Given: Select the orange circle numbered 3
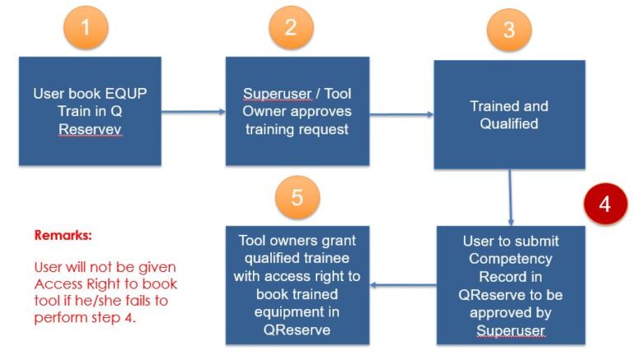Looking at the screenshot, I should pyautogui.click(x=509, y=31).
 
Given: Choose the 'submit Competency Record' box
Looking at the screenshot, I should pyautogui.click(x=509, y=285).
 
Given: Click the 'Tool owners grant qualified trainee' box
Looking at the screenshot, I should pyautogui.click(x=297, y=284).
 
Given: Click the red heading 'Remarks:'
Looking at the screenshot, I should pyautogui.click(x=63, y=235).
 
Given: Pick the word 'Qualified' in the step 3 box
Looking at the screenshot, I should pyautogui.click(x=509, y=124).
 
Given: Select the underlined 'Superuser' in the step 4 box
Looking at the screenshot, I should pyautogui.click(x=509, y=329).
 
